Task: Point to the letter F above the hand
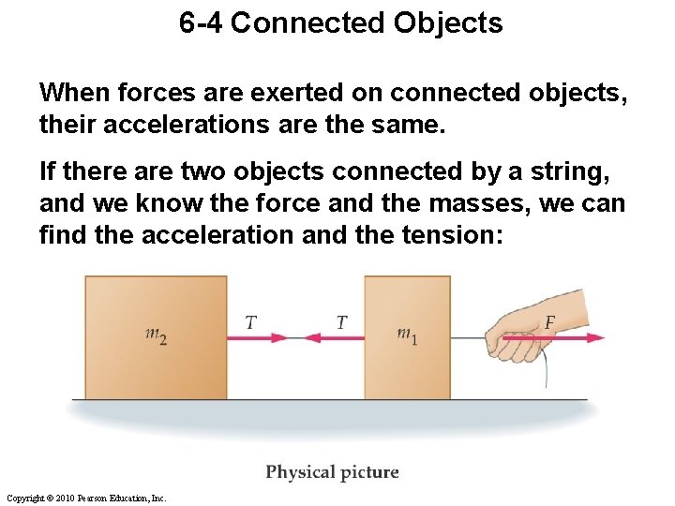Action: (x=550, y=322)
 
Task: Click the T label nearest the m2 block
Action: (x=250, y=322)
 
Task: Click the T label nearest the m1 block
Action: (x=341, y=322)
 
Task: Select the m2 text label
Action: (x=157, y=335)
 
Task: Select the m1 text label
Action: (x=407, y=335)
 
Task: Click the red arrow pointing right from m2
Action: (x=258, y=336)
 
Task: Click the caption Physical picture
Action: (x=332, y=472)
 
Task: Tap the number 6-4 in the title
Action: (x=201, y=23)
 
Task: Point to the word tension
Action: (x=452, y=235)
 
